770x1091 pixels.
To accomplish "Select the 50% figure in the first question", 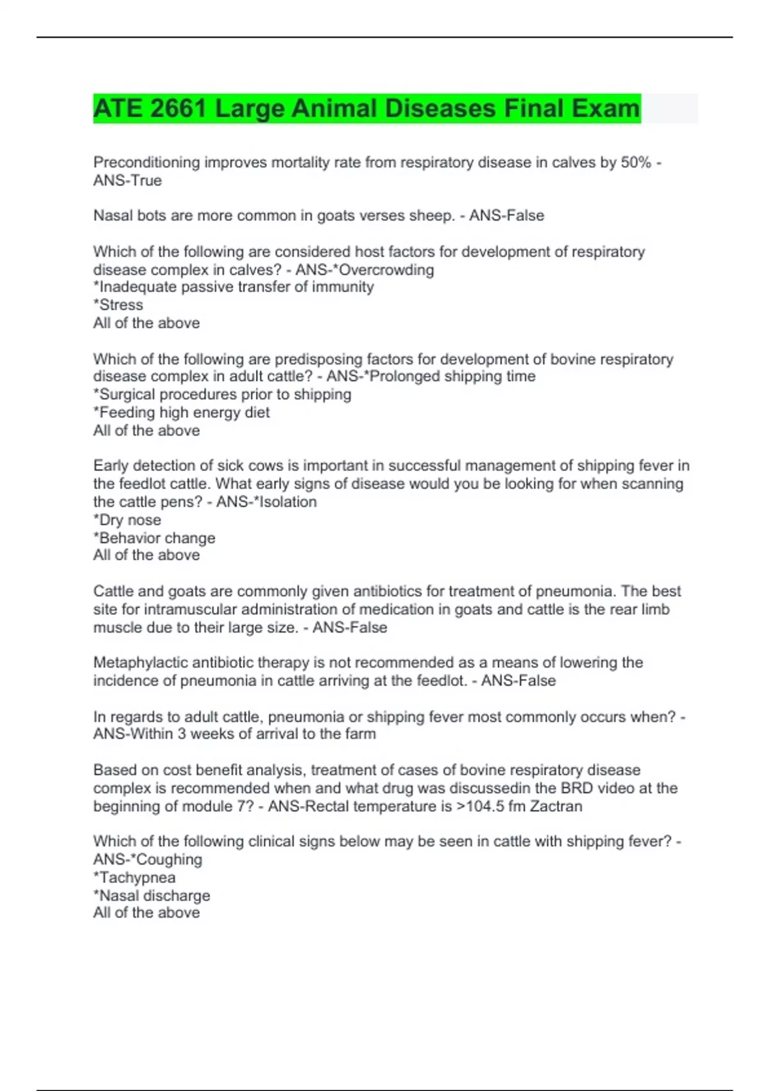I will pyautogui.click(x=636, y=162).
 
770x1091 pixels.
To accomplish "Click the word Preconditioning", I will pyautogui.click(x=147, y=162).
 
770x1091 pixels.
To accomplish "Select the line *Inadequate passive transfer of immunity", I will pyautogui.click(x=234, y=287).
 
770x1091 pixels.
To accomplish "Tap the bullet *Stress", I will pyautogui.click(x=118, y=305).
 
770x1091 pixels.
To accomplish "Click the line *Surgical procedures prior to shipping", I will pyautogui.click(x=222, y=394).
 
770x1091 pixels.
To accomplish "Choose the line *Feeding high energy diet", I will pyautogui.click(x=182, y=412).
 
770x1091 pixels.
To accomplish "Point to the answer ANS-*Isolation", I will pyautogui.click(x=266, y=502).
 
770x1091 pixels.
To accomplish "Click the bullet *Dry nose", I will pyautogui.click(x=127, y=520).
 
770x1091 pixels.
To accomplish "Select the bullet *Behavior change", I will pyautogui.click(x=154, y=538).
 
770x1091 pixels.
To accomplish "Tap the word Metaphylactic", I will pyautogui.click(x=141, y=662).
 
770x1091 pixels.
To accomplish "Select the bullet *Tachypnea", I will pyautogui.click(x=134, y=877).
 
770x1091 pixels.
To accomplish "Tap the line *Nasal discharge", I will pyautogui.click(x=151, y=895).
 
